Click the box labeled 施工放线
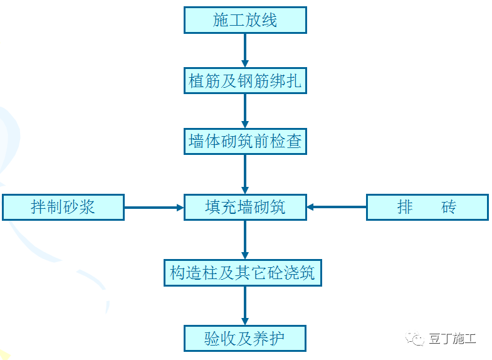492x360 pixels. point(245,20)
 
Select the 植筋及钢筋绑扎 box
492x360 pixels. point(245,81)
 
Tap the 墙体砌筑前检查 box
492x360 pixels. point(245,142)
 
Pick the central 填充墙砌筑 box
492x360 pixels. point(245,207)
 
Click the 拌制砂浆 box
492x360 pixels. point(63,207)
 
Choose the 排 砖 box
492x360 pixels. point(427,207)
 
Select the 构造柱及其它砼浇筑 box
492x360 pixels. point(243,273)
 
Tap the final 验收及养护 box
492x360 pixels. point(245,339)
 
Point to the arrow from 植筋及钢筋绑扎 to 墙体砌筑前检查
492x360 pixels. point(245,111)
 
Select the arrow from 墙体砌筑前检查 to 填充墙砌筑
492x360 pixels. point(245,174)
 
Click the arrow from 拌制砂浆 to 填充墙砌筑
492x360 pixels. point(154,207)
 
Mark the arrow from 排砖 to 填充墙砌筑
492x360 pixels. point(337,207)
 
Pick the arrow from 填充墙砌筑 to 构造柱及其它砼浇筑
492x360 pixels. point(245,240)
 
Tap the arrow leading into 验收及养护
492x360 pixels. point(245,306)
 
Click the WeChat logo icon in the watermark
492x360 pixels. point(416,339)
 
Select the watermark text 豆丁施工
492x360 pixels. point(453,339)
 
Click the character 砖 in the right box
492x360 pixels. point(449,207)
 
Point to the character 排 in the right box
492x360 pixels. point(405,207)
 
